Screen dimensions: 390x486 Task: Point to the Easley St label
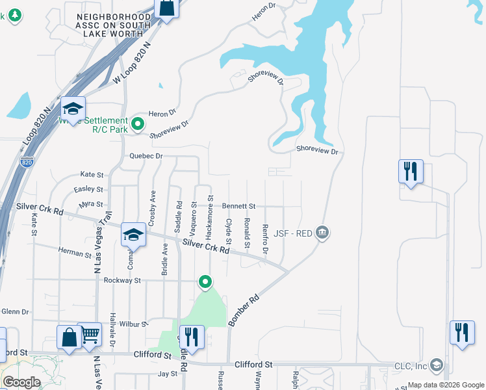pos(89,189)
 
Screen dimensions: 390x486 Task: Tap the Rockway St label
pos(122,280)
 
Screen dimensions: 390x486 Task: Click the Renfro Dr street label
pos(265,239)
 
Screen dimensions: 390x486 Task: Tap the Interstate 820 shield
pos(27,161)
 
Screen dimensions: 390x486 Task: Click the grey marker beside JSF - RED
pos(322,232)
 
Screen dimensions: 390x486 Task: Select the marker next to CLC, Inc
pos(436,365)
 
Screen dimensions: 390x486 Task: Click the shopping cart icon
pos(90,334)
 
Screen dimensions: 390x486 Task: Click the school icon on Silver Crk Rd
pos(133,235)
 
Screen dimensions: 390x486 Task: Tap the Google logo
pos(21,382)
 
